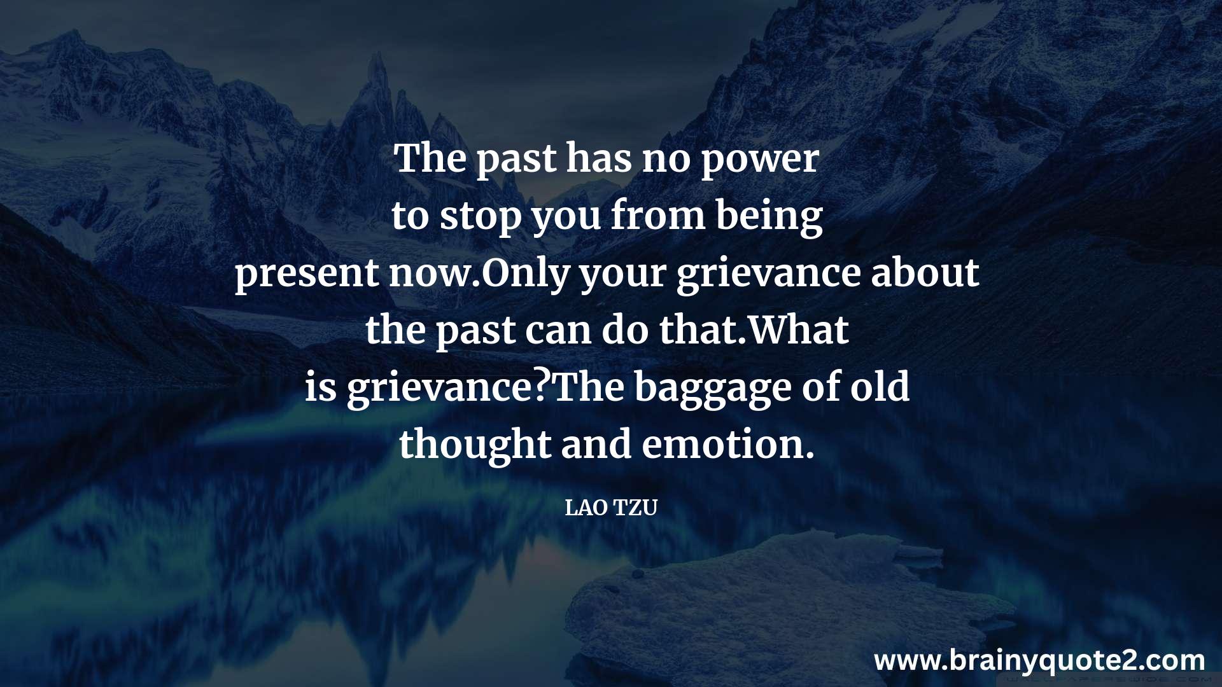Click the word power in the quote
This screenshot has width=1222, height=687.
tap(759, 159)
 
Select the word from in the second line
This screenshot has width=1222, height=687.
tap(658, 214)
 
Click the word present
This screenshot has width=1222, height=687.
tap(307, 274)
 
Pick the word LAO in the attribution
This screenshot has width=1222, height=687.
tap(586, 508)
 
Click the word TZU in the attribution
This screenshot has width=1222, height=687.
tap(635, 508)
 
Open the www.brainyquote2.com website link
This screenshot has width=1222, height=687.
tap(1039, 662)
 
